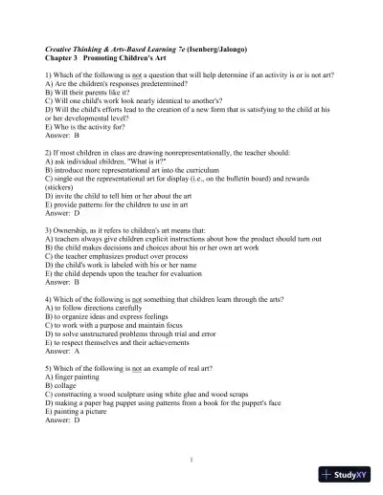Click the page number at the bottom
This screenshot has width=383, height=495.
[191, 460]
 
